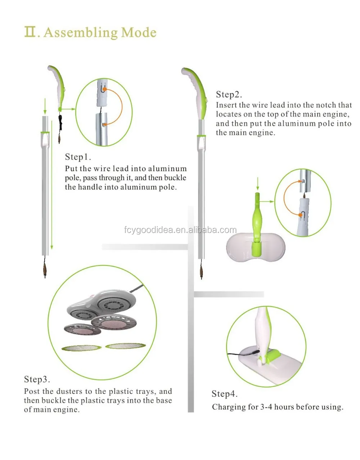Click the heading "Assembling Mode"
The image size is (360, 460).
click(x=100, y=32)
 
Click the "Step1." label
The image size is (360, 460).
click(x=78, y=157)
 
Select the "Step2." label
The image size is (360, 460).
click(x=229, y=95)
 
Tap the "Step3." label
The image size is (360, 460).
click(x=37, y=379)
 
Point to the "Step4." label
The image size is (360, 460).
click(x=225, y=394)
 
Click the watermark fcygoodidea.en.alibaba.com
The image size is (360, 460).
click(x=180, y=230)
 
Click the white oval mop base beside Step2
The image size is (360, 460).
click(x=256, y=248)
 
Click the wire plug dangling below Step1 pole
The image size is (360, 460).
click(x=45, y=268)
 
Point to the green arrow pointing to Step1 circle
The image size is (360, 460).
click(x=68, y=109)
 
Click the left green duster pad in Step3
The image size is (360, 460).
click(x=81, y=348)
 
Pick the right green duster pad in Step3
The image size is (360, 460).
click(x=125, y=346)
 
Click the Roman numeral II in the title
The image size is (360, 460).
click(x=30, y=32)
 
